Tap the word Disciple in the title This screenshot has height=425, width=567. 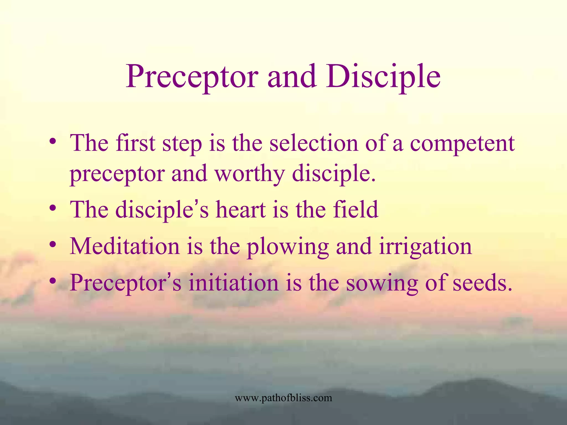pos(383,77)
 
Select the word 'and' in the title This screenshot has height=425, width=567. pos(292,77)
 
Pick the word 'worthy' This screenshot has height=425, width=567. pos(250,174)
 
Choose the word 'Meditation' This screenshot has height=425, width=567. pos(125,246)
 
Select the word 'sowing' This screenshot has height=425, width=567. pos(382,284)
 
